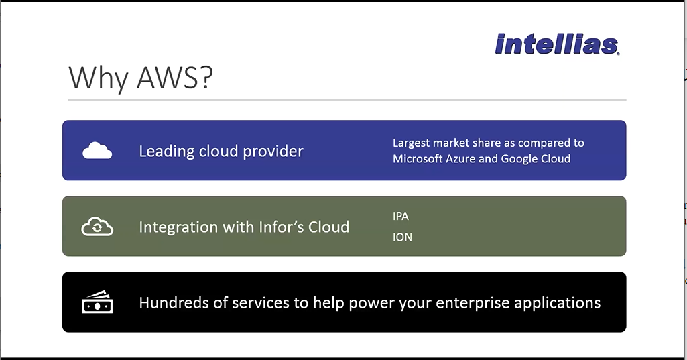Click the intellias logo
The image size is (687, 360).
(558, 44)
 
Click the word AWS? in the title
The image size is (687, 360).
(175, 78)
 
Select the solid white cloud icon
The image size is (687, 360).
(97, 150)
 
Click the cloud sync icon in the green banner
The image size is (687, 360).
(97, 227)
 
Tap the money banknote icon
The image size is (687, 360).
(97, 302)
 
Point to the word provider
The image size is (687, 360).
(273, 152)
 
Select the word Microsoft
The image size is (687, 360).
(418, 158)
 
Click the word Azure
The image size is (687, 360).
(460, 158)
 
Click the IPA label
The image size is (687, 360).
(401, 216)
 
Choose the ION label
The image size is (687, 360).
(402, 237)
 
